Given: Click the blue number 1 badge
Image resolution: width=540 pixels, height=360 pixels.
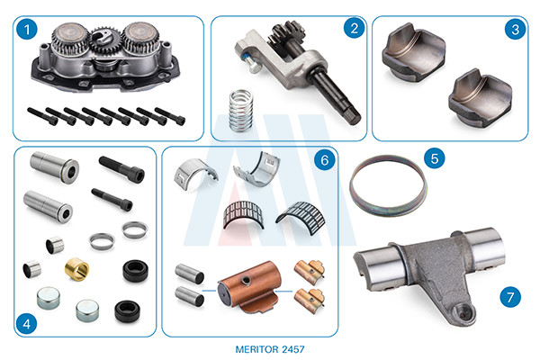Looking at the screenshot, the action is [26, 30].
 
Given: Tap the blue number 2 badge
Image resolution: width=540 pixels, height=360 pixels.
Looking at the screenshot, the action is [354, 28].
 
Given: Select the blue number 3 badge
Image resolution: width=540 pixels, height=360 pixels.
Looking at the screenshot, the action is [515, 29].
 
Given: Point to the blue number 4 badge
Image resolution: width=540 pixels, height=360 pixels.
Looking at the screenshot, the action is [26, 324].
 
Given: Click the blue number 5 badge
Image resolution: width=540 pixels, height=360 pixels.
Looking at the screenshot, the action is [435, 158].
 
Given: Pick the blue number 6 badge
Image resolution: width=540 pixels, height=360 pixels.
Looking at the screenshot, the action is [324, 160].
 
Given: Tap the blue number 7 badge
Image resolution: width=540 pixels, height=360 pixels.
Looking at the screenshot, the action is [510, 297].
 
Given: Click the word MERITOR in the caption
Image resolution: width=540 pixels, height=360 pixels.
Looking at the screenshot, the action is [256, 349].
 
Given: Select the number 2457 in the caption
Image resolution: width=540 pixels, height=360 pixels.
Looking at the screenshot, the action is [293, 349].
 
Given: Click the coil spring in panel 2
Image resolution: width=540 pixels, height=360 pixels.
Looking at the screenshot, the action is [241, 111].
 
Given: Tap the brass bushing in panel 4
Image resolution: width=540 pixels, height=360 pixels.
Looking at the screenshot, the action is [76, 269].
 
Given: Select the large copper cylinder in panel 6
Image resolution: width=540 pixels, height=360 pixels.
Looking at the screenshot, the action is [251, 286].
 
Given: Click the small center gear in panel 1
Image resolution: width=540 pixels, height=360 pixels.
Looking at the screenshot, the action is [104, 40].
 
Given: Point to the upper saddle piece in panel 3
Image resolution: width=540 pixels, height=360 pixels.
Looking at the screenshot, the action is [413, 51].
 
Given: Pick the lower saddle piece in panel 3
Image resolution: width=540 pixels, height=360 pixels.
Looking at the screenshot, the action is [481, 98].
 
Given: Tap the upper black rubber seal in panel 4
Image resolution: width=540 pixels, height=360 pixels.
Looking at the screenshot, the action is [136, 271].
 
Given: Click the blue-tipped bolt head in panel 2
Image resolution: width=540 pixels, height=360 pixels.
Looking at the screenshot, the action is [252, 67].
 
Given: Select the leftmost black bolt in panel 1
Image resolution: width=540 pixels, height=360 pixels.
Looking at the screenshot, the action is [42, 116].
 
